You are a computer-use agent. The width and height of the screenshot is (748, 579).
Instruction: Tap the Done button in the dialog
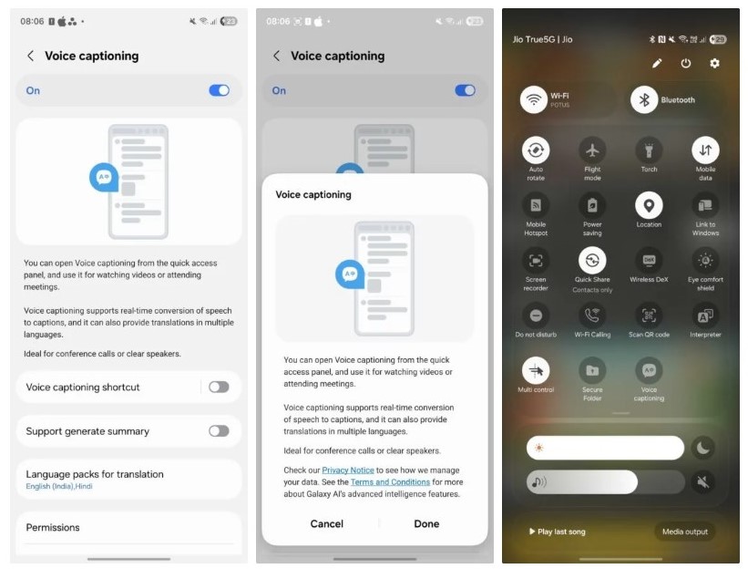point(426,523)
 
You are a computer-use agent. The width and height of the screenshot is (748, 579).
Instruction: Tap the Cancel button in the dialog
point(327,523)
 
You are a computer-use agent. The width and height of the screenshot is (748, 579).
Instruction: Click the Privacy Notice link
point(348,470)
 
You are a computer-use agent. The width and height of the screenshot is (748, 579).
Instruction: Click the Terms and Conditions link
point(390,481)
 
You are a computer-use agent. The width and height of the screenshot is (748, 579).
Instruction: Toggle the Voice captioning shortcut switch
point(219,387)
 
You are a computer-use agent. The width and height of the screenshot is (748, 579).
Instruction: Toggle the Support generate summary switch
point(219,430)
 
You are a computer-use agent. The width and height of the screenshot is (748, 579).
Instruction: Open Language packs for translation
point(128,479)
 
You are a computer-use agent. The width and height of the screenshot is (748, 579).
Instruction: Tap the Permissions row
point(128,527)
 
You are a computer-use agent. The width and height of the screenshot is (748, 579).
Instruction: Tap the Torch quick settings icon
point(649,150)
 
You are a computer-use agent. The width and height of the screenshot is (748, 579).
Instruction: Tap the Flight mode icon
point(592,150)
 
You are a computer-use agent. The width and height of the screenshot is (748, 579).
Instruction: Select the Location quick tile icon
point(649,205)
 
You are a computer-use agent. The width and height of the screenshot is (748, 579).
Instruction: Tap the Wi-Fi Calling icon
point(592,315)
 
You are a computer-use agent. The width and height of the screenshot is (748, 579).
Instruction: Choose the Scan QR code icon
point(649,315)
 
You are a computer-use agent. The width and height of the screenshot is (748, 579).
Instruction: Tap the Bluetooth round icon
point(644,100)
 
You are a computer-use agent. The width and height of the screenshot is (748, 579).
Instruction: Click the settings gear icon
point(714,63)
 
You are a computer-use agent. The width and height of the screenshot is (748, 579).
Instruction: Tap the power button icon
point(686,63)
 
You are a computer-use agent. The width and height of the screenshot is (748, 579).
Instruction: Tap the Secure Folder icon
point(592,370)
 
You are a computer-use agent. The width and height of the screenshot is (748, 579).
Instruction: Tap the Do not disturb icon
point(536,315)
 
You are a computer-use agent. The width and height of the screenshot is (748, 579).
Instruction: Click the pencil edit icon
point(657,63)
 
